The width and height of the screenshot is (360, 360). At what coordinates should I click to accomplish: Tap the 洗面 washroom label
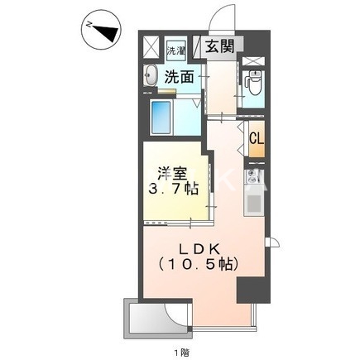(x=179, y=79)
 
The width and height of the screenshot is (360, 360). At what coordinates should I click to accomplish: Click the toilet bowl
(x=254, y=83)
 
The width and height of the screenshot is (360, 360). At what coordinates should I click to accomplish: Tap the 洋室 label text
(x=173, y=175)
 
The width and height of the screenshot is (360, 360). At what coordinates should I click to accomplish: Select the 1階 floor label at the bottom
(x=180, y=353)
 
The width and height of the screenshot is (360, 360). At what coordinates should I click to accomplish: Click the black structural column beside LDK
(x=247, y=290)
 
